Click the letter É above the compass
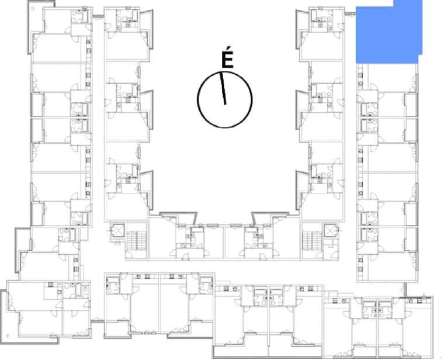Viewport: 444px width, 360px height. coord(227,60)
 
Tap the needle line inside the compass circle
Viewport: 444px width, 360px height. coord(223,88)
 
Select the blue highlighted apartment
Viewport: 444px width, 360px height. coord(388,32)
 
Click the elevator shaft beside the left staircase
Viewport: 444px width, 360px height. coord(117,231)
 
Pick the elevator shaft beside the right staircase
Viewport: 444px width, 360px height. coord(331,230)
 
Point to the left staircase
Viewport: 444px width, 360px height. coord(136,240)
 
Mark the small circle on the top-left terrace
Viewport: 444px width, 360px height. coord(33,8)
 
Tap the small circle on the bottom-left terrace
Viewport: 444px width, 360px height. coord(8,336)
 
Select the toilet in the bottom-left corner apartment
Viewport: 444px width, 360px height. coord(85,289)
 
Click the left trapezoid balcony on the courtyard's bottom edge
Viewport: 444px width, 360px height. coord(178,218)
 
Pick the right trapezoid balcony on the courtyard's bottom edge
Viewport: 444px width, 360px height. coord(270,218)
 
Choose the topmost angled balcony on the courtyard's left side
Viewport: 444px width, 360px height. coord(147,29)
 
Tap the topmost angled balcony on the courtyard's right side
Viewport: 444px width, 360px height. coord(301,29)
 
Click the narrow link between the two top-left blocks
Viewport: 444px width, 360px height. coord(98,16)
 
